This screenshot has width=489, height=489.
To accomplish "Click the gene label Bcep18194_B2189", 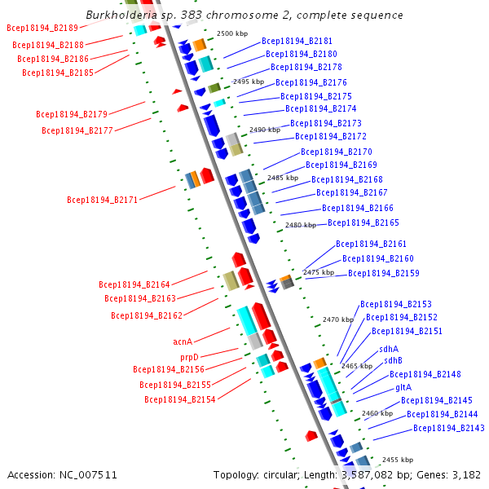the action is pos(42,28).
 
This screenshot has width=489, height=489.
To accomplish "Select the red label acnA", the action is pos(183,341).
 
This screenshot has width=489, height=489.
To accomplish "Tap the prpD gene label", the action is pos(189,357).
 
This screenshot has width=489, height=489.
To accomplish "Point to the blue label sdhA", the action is pos(389,349).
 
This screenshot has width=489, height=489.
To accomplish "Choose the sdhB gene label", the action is pos(393,360).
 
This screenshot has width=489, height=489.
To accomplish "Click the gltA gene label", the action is pos(403,388).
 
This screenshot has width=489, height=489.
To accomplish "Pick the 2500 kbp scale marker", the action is pos(232,33).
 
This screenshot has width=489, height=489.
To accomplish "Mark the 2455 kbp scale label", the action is pos(398,460).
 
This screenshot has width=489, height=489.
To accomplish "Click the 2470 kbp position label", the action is pos(338,319).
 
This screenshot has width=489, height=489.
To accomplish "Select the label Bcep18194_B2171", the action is pos(103,200).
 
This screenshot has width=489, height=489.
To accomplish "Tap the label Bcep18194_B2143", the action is pos(449,428).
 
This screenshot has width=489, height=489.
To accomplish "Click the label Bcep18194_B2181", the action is pos(297,42).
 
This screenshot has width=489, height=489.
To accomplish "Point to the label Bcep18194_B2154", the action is pos(180,399).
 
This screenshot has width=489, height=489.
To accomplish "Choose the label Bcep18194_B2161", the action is pos(371,244).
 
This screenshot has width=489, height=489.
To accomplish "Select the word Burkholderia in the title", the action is pos(121,15).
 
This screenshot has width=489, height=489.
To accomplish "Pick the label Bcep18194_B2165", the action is pos(363,222).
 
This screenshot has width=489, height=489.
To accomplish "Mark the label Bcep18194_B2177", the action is pos(77,130).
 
